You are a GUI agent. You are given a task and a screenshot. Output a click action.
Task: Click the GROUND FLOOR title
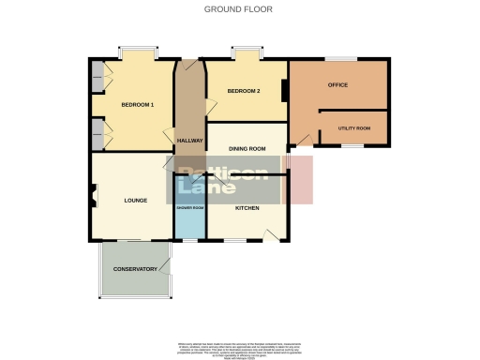coord(239,8)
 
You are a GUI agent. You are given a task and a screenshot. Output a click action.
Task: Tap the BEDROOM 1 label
coord(139,104)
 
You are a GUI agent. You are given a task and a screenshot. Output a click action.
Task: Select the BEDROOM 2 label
coord(244,91)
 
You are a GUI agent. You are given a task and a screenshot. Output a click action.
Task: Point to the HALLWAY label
coord(189,141)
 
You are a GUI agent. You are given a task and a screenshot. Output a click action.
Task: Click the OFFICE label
coord(337,85)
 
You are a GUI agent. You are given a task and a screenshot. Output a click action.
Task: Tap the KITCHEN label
coord(247,207)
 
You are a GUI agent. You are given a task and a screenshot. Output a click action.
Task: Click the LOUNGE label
coord(137,200)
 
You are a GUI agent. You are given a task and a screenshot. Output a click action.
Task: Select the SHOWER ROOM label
coord(189,207)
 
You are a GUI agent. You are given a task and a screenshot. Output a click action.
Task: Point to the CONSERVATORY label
coord(135,269)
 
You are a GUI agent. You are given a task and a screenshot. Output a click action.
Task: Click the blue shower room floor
coord(189,223)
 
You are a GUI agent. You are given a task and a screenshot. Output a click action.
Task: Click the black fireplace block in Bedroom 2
coord(285,92)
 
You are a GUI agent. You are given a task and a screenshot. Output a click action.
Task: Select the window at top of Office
coord(338,60)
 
